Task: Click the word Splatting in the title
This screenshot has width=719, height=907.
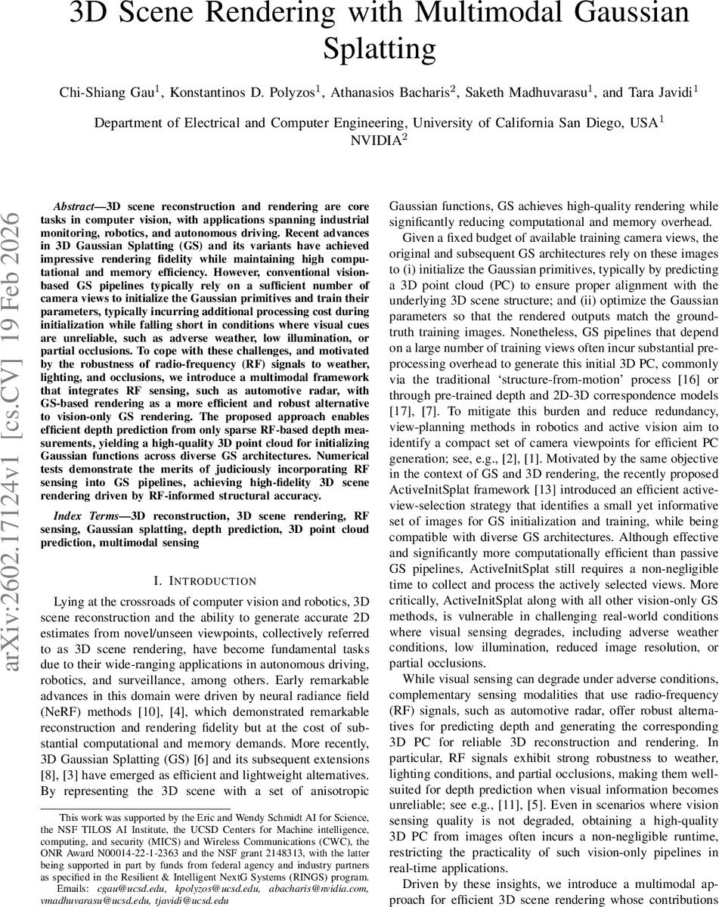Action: (x=380, y=48)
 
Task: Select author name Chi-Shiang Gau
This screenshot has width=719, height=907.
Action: (x=109, y=92)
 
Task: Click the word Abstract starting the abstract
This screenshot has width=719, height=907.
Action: (x=76, y=206)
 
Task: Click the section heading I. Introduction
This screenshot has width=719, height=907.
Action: (x=195, y=580)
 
